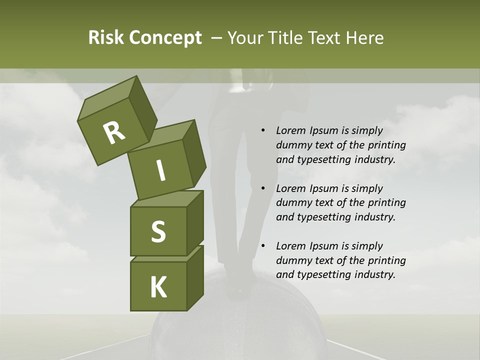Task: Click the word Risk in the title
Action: tap(106, 38)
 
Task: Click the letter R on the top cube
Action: tap(113, 132)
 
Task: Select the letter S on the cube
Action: tap(158, 232)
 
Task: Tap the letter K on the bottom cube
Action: tap(158, 288)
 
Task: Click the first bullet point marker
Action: tap(263, 130)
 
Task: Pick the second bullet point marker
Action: tap(263, 188)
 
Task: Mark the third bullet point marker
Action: tap(263, 246)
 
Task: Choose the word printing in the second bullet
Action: tap(386, 202)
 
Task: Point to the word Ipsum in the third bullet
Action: tap(323, 246)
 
